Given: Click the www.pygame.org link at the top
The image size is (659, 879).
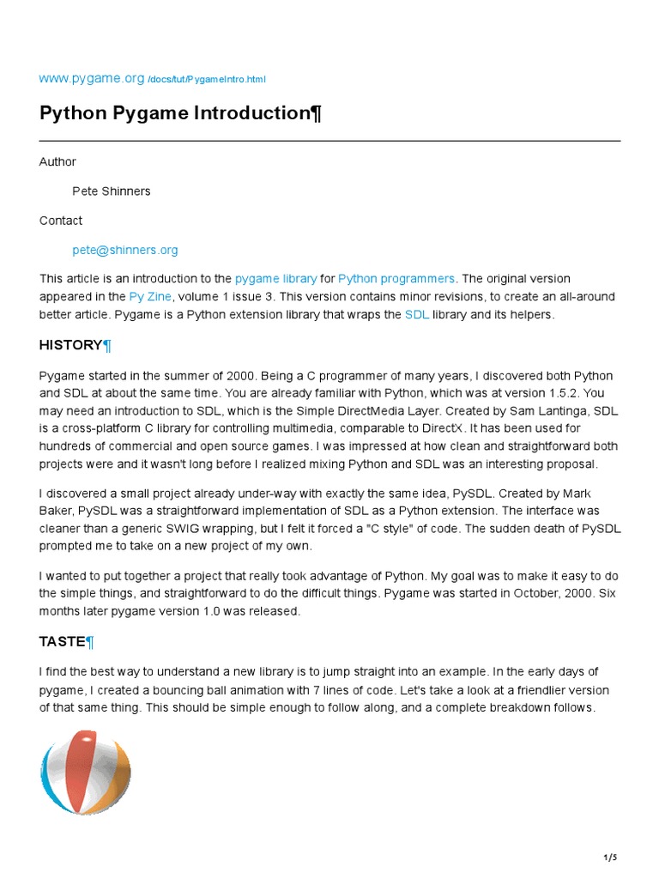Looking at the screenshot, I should pyautogui.click(x=91, y=78).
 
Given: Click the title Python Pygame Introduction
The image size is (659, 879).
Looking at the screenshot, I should pyautogui.click(x=180, y=114).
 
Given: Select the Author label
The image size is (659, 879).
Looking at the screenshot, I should pyautogui.click(x=57, y=162).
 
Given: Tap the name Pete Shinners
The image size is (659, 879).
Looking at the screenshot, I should pyautogui.click(x=112, y=191).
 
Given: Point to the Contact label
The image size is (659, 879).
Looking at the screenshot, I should pyautogui.click(x=61, y=221).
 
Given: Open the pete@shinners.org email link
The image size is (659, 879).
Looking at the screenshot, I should pyautogui.click(x=125, y=250).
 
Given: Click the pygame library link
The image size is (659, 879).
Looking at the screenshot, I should pyautogui.click(x=275, y=279).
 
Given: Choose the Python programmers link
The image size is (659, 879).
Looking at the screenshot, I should pyautogui.click(x=396, y=279).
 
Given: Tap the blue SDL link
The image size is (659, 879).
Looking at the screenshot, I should pyautogui.click(x=416, y=315).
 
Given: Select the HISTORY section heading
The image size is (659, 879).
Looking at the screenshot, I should pyautogui.click(x=71, y=345).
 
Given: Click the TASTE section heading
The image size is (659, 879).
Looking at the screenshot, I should pyautogui.click(x=63, y=641).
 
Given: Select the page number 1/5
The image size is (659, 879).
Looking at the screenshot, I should pyautogui.click(x=610, y=858).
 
